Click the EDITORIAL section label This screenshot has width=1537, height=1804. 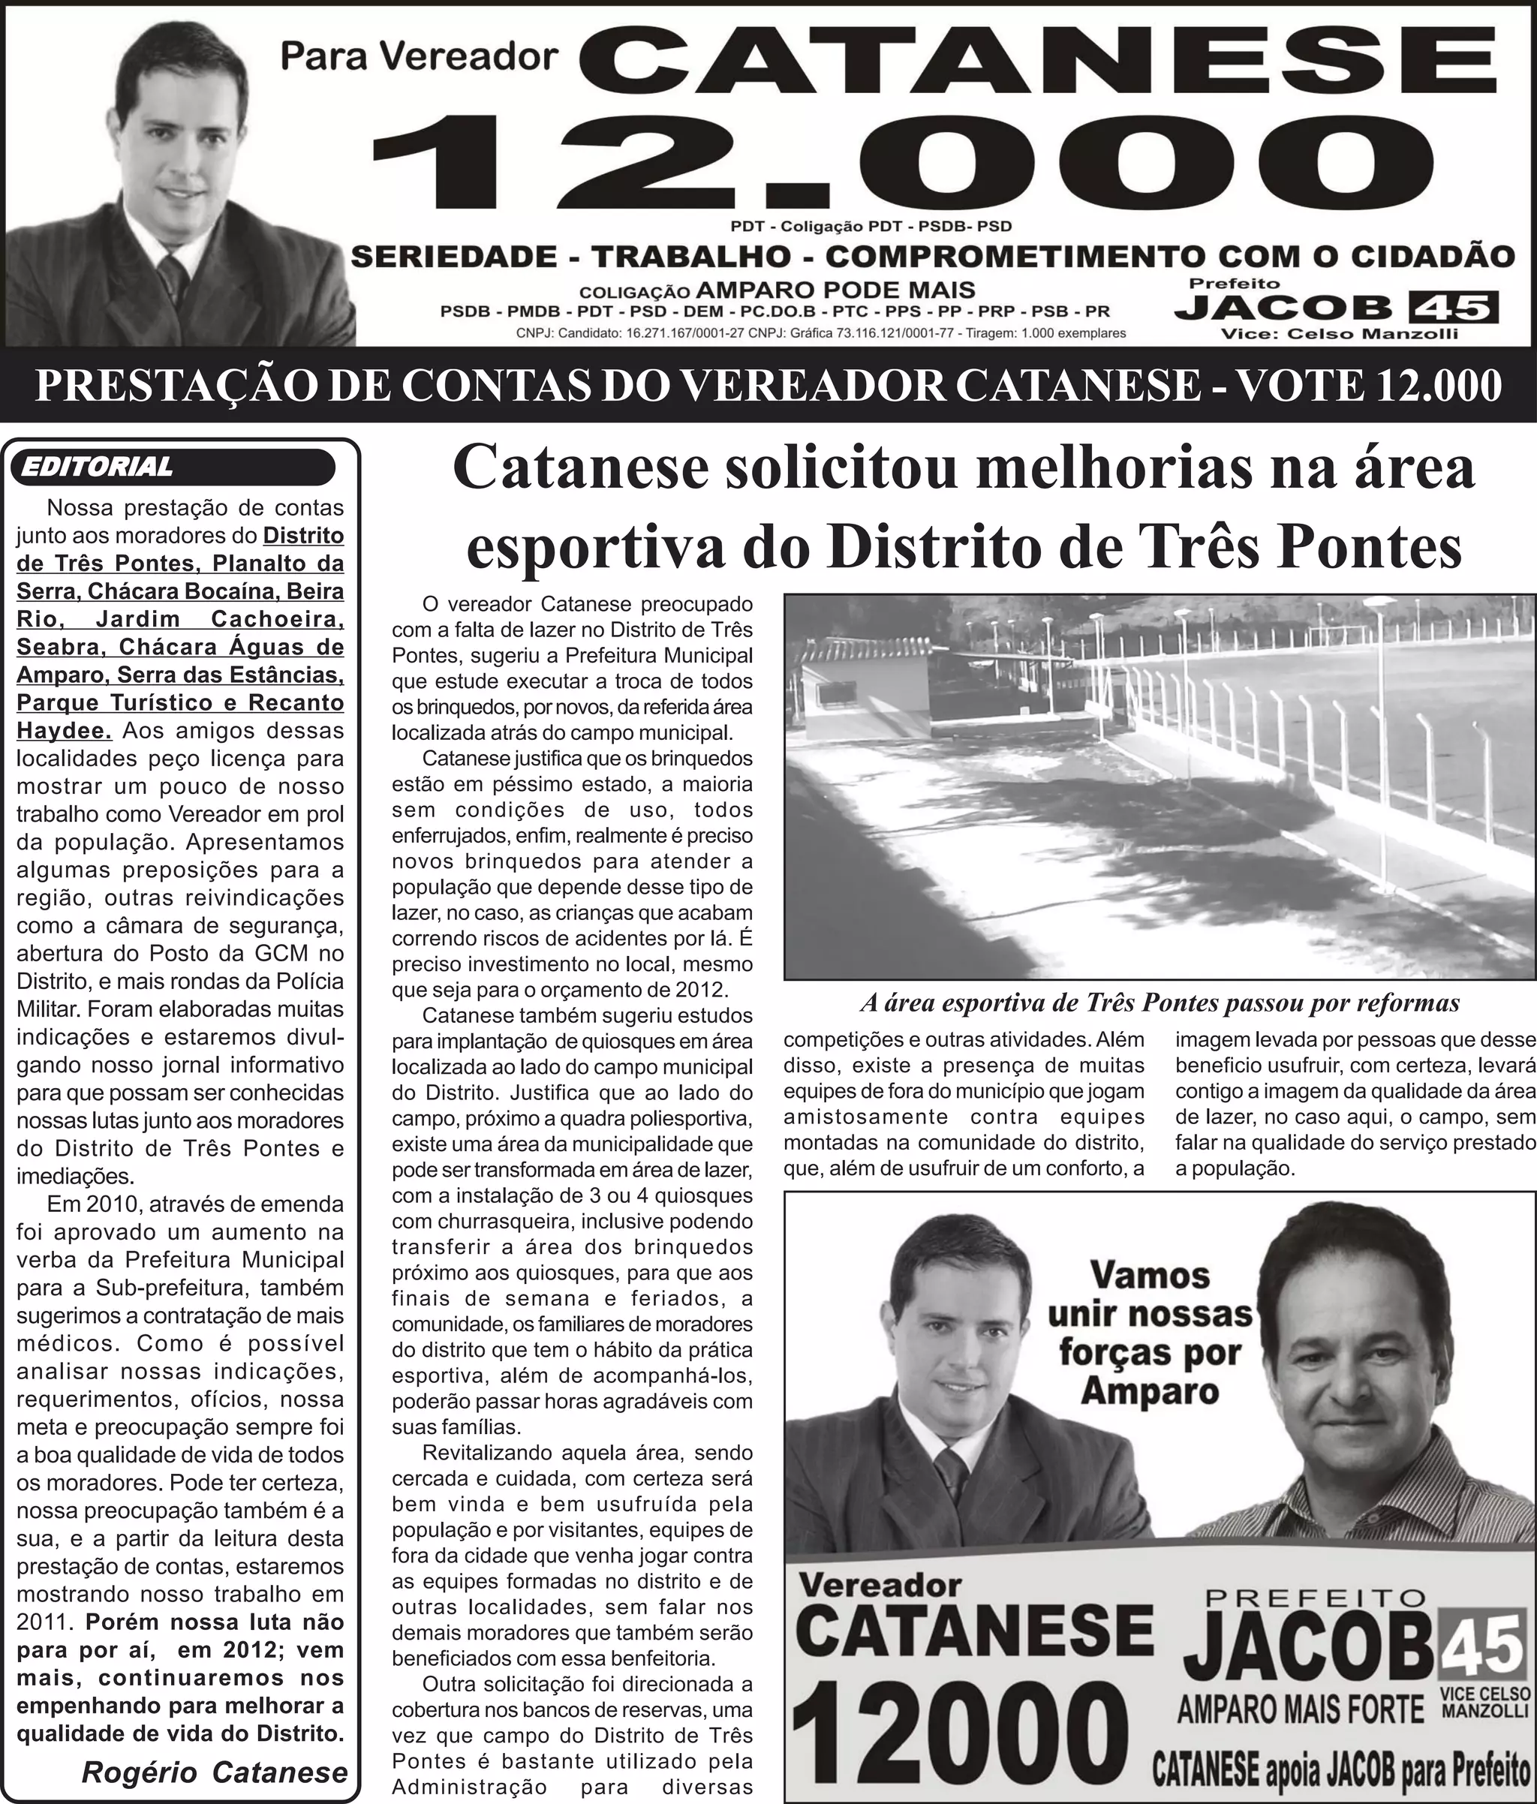click(x=97, y=467)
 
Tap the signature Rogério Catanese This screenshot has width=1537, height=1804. click(x=214, y=1771)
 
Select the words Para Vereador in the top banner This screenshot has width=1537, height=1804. click(x=419, y=56)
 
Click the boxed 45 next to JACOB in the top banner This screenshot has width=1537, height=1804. click(x=1452, y=308)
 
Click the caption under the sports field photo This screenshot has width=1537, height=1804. click(x=1159, y=1003)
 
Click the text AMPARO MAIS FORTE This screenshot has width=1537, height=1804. click(x=1300, y=1710)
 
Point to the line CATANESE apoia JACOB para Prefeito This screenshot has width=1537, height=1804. click(x=1341, y=1769)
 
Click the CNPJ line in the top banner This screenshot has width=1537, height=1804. click(x=820, y=333)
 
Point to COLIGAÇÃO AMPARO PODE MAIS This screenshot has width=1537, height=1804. click(x=777, y=290)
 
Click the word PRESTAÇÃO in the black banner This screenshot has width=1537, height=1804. click(x=175, y=386)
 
